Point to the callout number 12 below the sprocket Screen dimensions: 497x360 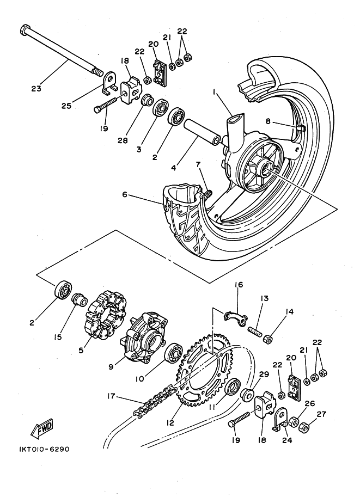(170, 422)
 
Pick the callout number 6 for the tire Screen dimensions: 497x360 (126, 194)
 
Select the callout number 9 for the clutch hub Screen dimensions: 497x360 (111, 367)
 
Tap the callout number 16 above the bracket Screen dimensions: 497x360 (239, 285)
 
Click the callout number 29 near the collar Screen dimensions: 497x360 (264, 375)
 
